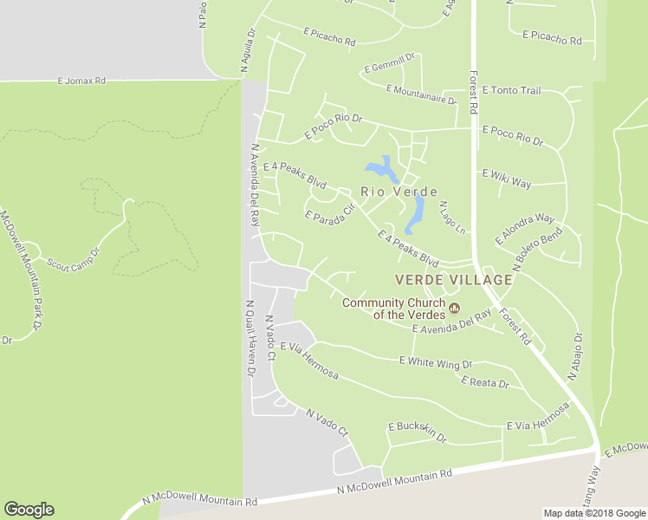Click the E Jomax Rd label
pyautogui.click(x=81, y=81)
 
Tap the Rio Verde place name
pyautogui.click(x=399, y=192)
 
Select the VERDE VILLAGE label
pyautogui.click(x=453, y=280)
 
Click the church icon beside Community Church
pyautogui.click(x=453, y=308)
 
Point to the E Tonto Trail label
pyautogui.click(x=511, y=90)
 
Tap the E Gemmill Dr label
pyautogui.click(x=390, y=63)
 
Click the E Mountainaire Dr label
pyautogui.click(x=421, y=94)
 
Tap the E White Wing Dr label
pyautogui.click(x=435, y=362)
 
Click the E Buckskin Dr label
pyautogui.click(x=417, y=432)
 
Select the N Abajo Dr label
pyautogui.click(x=574, y=358)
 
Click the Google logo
pyautogui.click(x=29, y=510)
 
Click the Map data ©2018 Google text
pyautogui.click(x=593, y=513)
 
